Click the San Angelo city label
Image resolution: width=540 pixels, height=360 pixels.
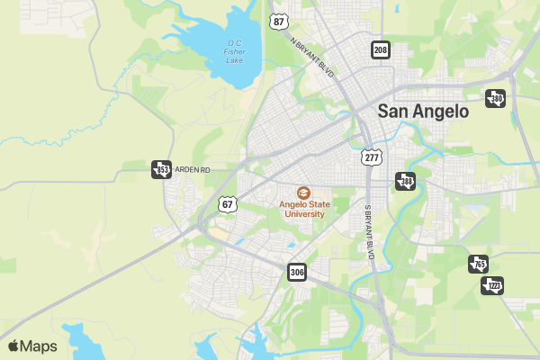coord(423,112)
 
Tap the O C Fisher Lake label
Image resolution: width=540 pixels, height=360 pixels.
coord(235,51)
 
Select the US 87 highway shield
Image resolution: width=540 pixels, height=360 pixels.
coord(279,22)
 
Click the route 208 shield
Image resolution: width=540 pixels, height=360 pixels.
coord(381,49)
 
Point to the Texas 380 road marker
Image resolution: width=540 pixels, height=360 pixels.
coord(495,99)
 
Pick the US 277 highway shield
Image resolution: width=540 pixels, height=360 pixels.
coord(372,157)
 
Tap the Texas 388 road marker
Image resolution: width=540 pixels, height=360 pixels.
coord(406,182)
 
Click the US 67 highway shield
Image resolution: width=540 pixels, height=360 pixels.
coord(228,203)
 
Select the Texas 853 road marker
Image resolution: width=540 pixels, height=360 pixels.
coord(162,169)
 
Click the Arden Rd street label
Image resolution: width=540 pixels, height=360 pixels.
coord(192,169)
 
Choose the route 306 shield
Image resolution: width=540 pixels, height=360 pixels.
coord(298,271)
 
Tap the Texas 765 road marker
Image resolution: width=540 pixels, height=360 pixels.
coord(478,264)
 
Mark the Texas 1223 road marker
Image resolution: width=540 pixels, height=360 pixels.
coord(492,285)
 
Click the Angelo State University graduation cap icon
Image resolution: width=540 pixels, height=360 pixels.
coord(303,193)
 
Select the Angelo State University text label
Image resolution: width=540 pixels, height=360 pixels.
coord(301,209)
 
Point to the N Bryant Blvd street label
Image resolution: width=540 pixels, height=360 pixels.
coord(312,58)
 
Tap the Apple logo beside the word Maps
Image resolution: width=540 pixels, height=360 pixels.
coord(13,346)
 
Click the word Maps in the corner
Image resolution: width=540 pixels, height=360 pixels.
coord(39,346)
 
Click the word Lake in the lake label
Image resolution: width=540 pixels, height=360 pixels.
coord(235,60)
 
